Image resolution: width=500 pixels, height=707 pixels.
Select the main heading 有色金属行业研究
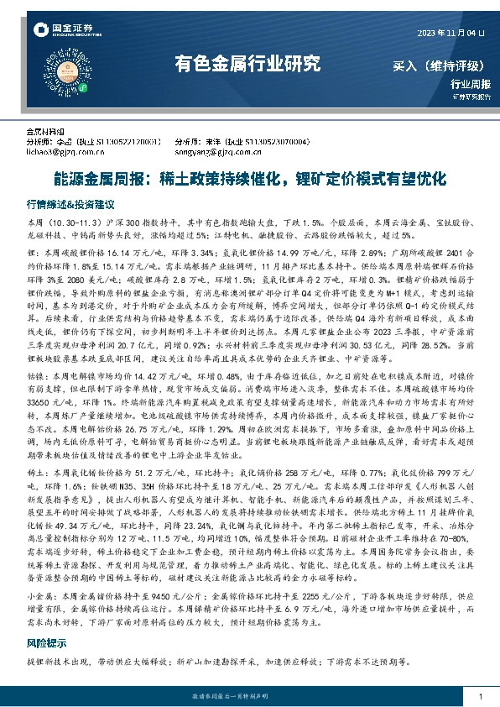tap(247, 63)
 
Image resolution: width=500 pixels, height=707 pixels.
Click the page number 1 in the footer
tap(479, 696)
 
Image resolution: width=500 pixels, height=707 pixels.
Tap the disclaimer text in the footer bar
tap(249, 696)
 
